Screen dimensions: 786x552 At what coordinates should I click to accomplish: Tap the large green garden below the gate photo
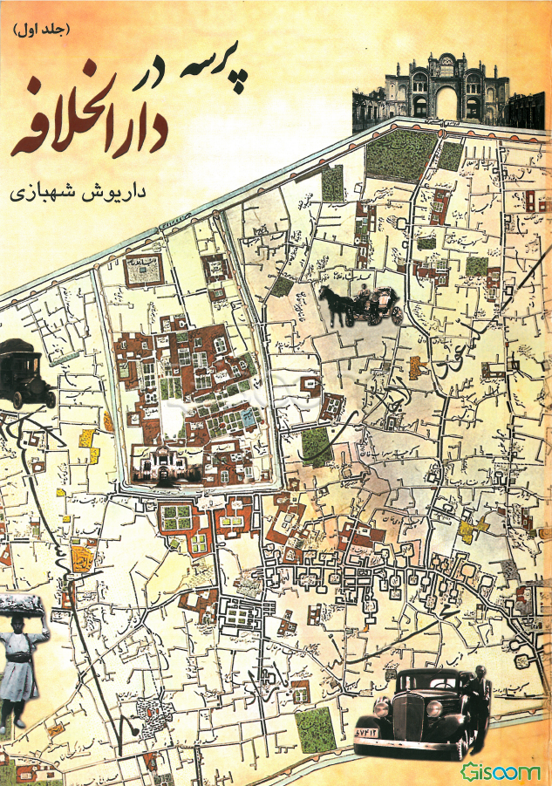[401, 155]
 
